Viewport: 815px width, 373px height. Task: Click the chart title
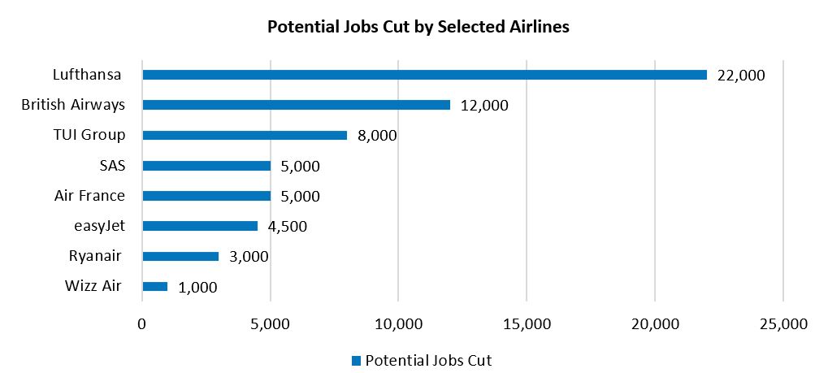[418, 28]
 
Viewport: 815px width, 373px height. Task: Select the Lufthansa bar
[424, 75]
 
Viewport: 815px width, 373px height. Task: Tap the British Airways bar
[296, 105]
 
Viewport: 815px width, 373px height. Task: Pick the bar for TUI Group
[245, 135]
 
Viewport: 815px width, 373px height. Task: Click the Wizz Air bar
[154, 286]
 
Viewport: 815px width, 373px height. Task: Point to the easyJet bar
[200, 226]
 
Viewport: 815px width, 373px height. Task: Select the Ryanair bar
[180, 256]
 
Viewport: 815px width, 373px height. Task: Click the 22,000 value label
[741, 76]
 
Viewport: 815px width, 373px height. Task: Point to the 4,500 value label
[288, 227]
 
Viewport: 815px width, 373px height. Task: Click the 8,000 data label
[377, 136]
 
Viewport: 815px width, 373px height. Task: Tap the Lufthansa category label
[85, 76]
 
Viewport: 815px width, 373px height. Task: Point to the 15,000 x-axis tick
[527, 325]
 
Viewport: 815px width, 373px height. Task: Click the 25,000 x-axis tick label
[782, 325]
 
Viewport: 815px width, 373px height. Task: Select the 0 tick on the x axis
[142, 325]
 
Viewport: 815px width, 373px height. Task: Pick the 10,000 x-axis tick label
[398, 325]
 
